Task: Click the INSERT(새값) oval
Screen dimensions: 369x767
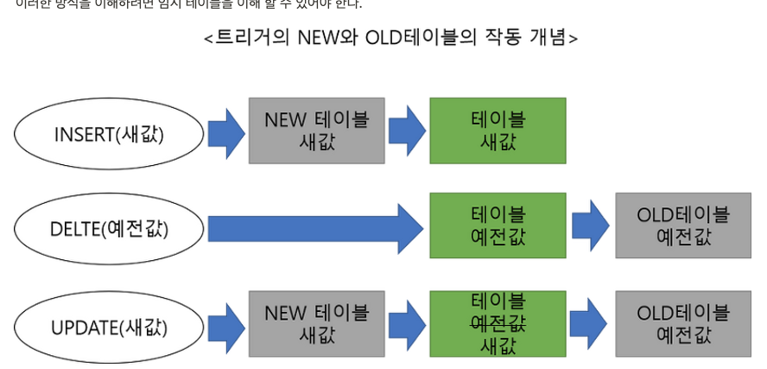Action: click(109, 134)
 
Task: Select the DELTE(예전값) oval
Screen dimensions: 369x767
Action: click(109, 229)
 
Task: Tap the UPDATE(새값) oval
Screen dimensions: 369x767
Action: click(109, 328)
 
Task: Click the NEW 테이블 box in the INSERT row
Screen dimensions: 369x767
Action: click(316, 130)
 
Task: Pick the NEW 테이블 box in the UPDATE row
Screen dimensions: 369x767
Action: click(316, 323)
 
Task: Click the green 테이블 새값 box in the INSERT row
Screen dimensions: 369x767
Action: click(498, 130)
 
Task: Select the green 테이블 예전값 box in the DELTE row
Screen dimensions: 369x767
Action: click(498, 226)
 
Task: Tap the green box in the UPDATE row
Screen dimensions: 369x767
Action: click(498, 323)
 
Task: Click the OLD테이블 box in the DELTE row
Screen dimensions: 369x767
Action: click(682, 226)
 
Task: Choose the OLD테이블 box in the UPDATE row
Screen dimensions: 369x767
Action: click(682, 323)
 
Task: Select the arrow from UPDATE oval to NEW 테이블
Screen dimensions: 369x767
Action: click(226, 328)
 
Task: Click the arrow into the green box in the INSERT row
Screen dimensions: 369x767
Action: click(407, 131)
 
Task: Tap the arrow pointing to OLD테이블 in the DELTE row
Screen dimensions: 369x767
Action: click(591, 226)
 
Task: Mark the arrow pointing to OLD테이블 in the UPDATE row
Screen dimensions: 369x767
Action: click(589, 324)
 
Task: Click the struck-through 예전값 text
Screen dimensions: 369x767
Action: click(498, 323)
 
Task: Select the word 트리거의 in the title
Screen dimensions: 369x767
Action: click(251, 38)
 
